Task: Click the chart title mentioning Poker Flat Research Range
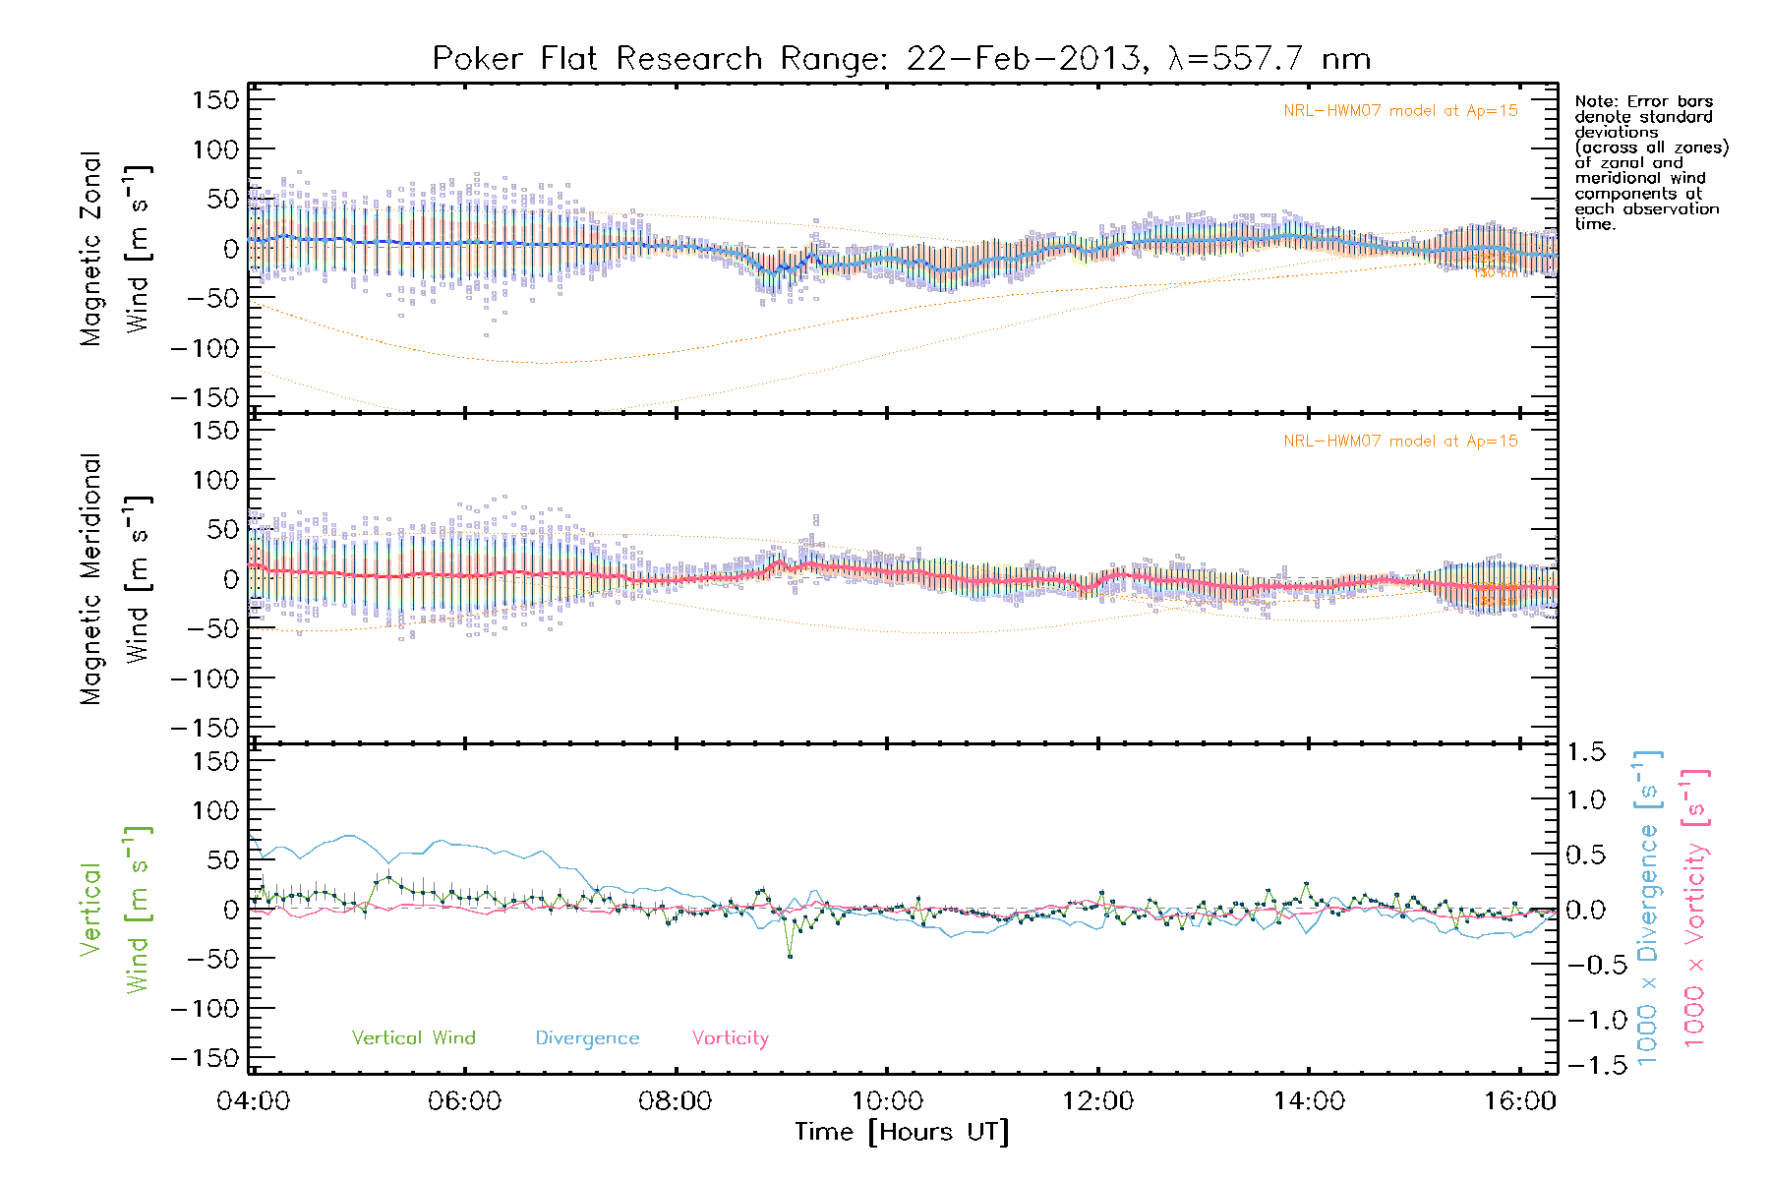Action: point(901,59)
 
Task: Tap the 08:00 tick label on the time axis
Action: point(676,1100)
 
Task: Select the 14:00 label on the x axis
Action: point(1309,1100)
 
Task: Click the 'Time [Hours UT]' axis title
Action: point(902,1132)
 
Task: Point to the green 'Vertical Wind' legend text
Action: point(413,1037)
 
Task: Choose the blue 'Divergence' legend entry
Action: point(587,1038)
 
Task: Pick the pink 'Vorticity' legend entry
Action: point(730,1037)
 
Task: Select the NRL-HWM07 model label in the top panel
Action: point(1400,111)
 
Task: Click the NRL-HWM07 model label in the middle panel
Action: point(1400,442)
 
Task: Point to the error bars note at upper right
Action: point(1651,162)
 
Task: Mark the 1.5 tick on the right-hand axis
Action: point(1585,752)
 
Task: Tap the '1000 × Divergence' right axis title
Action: point(1648,909)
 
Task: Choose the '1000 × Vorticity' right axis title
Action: point(1695,909)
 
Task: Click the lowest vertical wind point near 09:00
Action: point(790,956)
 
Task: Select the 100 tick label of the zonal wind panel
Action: point(215,149)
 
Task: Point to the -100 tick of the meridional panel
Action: point(206,678)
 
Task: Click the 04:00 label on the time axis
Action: point(254,1100)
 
